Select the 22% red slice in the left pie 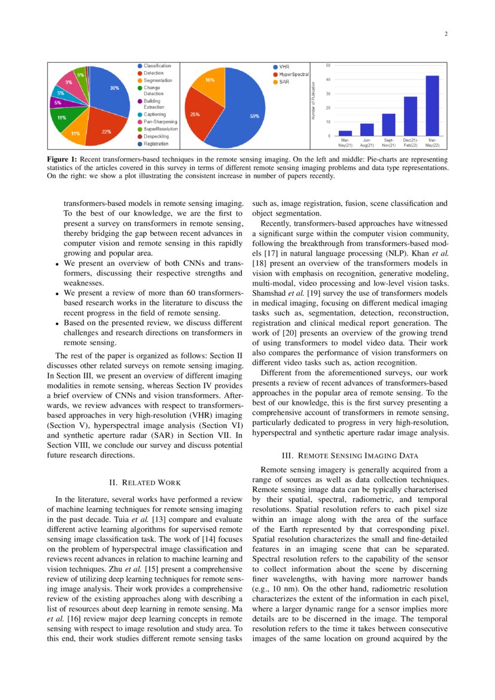tap(103, 131)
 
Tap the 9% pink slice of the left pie tap(69, 83)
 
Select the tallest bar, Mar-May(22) tap(432, 106)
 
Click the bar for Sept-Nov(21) tap(388, 125)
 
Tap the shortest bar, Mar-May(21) tap(345, 133)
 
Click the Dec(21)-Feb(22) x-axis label tap(410, 143)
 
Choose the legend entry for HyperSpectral tap(293, 74)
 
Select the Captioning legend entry tap(154, 114)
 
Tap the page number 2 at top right tap(446, 34)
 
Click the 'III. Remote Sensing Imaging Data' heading tap(350, 456)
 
